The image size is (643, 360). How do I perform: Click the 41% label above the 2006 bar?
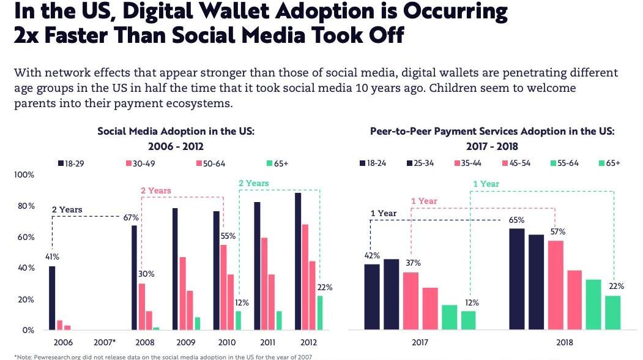[x=51, y=257]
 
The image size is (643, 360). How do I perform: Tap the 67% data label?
[x=132, y=217]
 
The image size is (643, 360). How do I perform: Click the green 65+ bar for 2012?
[x=319, y=313]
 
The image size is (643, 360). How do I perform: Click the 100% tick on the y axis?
[x=24, y=175]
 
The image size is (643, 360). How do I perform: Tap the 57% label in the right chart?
[x=558, y=232]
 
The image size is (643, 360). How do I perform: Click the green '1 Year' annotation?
[x=486, y=184]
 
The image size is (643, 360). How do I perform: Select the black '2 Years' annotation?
[x=67, y=210]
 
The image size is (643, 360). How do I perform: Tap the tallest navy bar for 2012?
[x=298, y=261]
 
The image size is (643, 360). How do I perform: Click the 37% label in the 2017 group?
[x=413, y=263]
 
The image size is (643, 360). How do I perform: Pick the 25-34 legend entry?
[x=422, y=163]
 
